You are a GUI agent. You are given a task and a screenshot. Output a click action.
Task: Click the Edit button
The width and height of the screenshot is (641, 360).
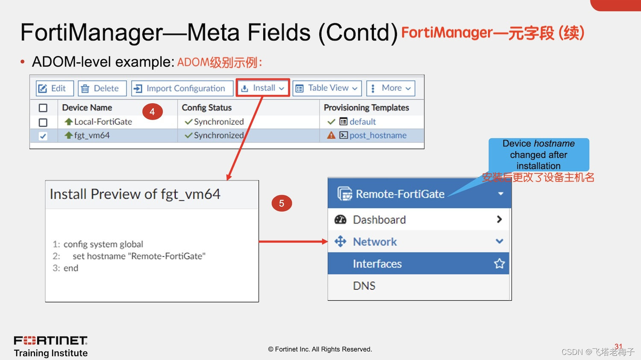click(x=54, y=88)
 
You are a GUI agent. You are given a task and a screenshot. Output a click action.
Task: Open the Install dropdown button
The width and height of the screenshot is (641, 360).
click(x=263, y=88)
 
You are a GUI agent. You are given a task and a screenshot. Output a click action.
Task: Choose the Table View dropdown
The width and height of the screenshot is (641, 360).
click(x=327, y=88)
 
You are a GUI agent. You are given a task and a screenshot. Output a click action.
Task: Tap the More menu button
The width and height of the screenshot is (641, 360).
click(x=391, y=88)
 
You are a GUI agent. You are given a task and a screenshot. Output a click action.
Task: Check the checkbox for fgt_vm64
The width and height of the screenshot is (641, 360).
click(x=43, y=136)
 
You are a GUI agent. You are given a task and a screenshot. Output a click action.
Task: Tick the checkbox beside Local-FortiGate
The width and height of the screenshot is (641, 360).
click(x=43, y=123)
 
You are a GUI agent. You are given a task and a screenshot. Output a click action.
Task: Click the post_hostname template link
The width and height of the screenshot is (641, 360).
click(x=378, y=135)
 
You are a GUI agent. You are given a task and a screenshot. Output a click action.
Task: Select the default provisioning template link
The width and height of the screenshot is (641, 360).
click(x=362, y=122)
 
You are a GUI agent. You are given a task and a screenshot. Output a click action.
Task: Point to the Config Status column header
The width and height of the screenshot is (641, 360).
click(x=207, y=108)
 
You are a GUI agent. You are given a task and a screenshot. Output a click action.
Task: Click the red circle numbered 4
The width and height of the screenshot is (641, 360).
click(x=152, y=112)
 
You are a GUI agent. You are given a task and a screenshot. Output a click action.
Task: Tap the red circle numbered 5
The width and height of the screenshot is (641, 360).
click(x=282, y=203)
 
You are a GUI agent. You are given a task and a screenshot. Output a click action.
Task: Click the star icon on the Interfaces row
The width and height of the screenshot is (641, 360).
click(x=499, y=263)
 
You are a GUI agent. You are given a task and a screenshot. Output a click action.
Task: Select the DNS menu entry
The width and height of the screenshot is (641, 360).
click(x=364, y=286)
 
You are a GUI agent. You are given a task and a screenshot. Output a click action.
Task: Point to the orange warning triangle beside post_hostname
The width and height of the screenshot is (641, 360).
click(x=331, y=135)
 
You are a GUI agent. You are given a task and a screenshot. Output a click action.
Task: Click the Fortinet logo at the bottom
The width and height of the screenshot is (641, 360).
click(x=50, y=340)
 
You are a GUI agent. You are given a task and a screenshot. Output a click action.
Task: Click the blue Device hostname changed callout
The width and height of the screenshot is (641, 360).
click(x=538, y=155)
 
